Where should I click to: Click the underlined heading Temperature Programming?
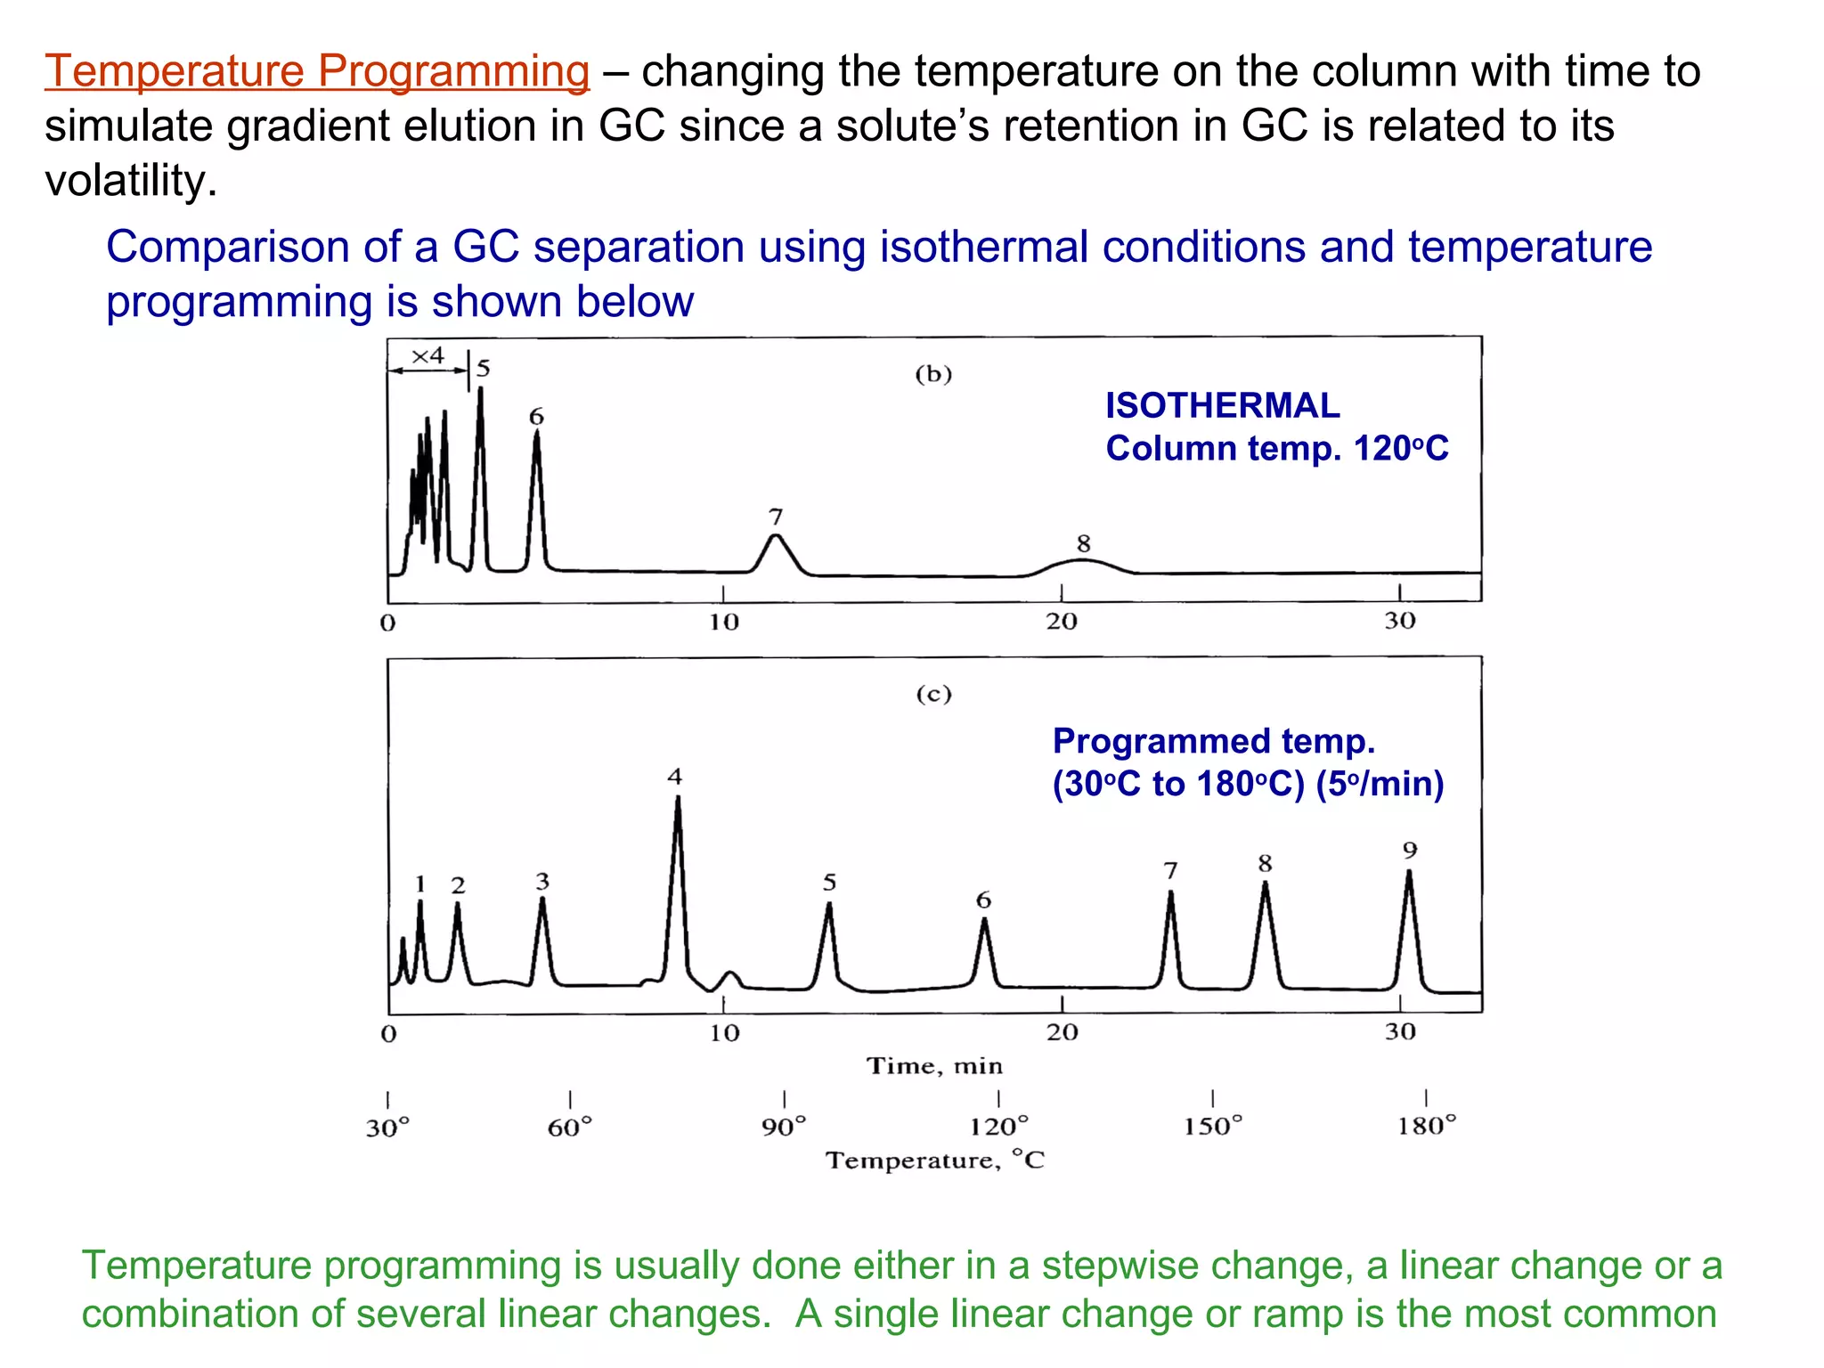click(x=317, y=71)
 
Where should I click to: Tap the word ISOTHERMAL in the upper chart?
click(x=1222, y=406)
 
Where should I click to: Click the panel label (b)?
click(x=933, y=374)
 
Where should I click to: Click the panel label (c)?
click(x=933, y=694)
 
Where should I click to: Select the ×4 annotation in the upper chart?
click(x=427, y=356)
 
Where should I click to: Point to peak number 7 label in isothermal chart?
click(x=776, y=517)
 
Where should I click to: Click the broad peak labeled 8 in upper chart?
click(x=1081, y=562)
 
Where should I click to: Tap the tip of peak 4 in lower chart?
click(x=678, y=799)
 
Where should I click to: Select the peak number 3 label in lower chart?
click(x=542, y=881)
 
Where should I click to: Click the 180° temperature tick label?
click(x=1426, y=1126)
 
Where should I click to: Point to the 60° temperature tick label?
click(x=569, y=1128)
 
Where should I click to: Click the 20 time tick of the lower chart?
click(x=1062, y=1032)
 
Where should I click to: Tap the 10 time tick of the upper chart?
click(x=724, y=622)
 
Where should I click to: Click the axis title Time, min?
click(x=934, y=1066)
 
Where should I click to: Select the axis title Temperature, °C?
click(x=934, y=1160)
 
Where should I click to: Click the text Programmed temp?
click(x=1213, y=741)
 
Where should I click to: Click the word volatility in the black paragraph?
click(x=130, y=181)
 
